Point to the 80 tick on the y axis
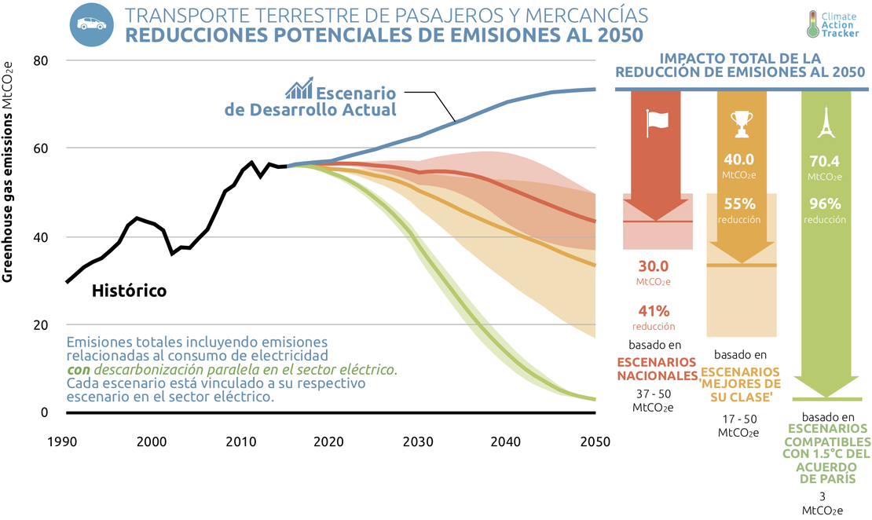tap(39, 60)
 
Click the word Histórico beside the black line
tap(129, 291)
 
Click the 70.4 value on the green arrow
tap(824, 162)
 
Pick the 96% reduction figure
tap(824, 203)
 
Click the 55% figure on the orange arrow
tap(739, 203)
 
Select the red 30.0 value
tap(654, 265)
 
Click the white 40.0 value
tap(739, 159)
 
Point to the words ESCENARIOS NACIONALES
tap(657, 368)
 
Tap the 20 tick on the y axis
tap(39, 325)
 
